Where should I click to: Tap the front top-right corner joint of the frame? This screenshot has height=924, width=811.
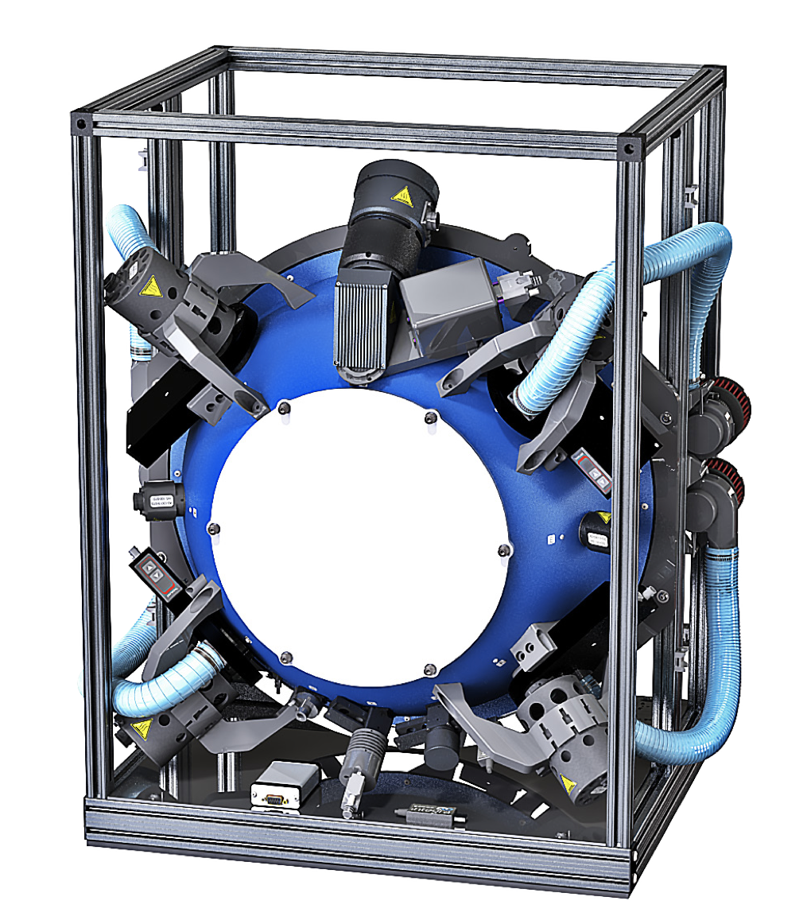[x=629, y=148]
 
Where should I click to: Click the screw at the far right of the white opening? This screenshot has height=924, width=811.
[x=502, y=550]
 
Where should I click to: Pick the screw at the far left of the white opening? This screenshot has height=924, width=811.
[x=212, y=528]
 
